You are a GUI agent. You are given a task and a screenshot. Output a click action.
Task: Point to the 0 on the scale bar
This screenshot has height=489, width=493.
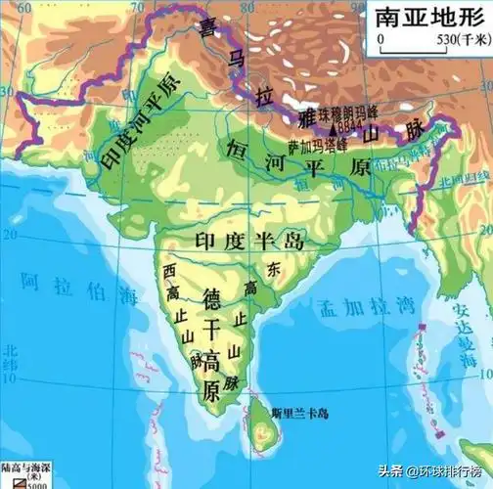(x=381, y=40)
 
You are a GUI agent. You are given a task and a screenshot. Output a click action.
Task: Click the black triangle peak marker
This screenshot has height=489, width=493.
(x=334, y=127)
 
